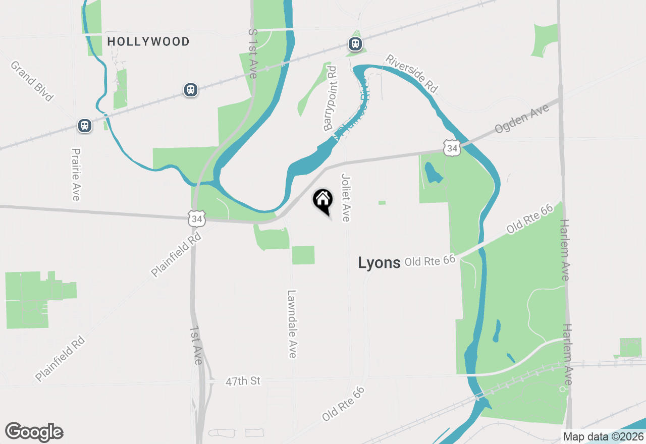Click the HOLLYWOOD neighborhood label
coord(148,41)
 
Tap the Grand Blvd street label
coord(31,81)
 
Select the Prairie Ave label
coord(76,174)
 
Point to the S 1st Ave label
coord(253,53)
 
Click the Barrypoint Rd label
coord(330,99)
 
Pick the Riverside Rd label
coord(411,73)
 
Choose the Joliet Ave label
coord(346,197)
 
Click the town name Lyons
coord(379,262)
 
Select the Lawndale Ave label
coord(292,323)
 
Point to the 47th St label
coord(243,381)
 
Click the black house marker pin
coord(323,201)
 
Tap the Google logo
coord(34,432)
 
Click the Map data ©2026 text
coord(603,436)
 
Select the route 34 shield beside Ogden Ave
coord(452,148)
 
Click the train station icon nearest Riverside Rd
coord(355,44)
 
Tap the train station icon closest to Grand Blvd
coord(85,126)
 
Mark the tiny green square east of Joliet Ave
coord(382,203)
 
